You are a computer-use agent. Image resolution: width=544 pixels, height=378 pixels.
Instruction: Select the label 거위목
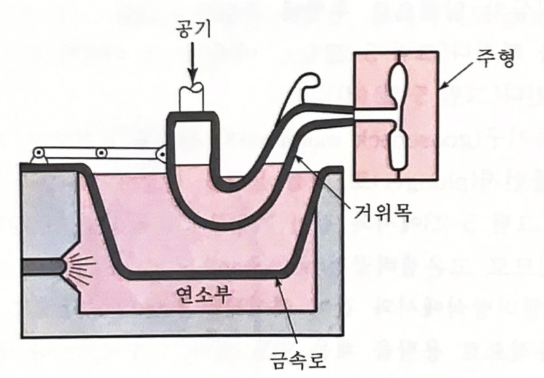coord(383,211)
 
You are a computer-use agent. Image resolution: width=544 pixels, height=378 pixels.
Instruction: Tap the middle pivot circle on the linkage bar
coord(101,153)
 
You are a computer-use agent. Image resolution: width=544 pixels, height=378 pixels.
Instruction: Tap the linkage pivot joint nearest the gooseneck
coord(160,151)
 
